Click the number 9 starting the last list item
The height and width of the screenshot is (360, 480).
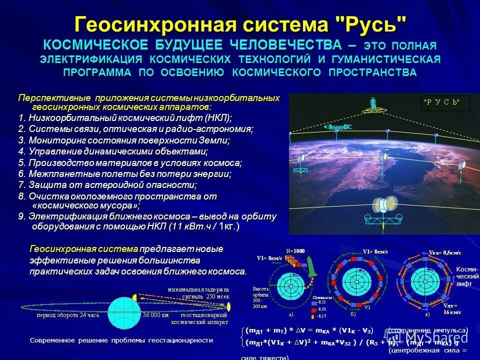[x=20, y=216]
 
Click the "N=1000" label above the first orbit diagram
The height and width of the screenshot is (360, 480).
[x=295, y=250]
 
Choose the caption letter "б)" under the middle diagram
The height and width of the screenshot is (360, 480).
[x=352, y=314]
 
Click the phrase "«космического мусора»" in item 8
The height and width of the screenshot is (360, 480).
[x=86, y=205]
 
